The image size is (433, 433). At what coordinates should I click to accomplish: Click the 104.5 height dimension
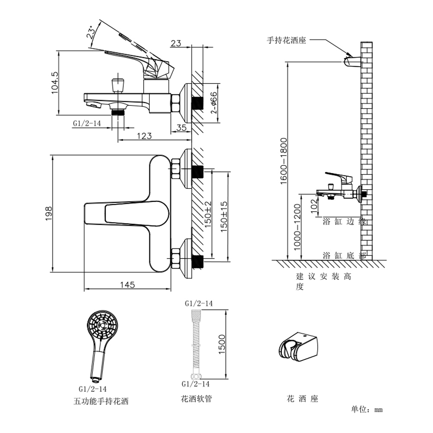55,83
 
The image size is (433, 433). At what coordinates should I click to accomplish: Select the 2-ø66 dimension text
213,103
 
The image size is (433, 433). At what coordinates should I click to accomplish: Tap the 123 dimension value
145,136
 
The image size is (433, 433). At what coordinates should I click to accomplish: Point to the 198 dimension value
48,213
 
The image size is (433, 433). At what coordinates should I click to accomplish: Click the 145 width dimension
128,285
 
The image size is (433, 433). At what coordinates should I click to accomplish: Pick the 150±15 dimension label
224,216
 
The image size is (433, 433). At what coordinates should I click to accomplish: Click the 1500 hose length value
222,344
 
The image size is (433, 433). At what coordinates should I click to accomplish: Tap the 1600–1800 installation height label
284,161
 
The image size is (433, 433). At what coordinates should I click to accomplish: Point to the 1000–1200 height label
297,227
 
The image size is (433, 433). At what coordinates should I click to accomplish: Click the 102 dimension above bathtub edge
314,206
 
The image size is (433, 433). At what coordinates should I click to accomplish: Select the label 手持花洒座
286,40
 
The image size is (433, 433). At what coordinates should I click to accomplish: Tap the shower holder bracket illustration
298,346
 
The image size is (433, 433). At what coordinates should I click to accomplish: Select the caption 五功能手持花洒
101,401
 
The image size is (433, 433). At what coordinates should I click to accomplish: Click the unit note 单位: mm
367,409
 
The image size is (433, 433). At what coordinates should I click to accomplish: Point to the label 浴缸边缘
344,221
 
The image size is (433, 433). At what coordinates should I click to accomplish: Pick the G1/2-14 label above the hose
199,304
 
